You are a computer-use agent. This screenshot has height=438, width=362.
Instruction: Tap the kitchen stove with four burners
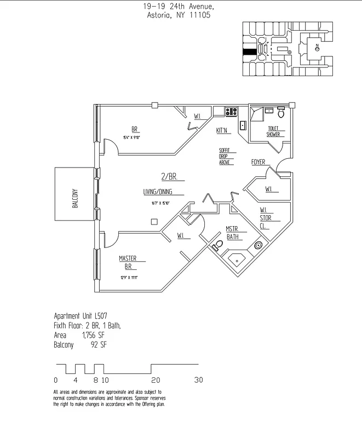point(231,112)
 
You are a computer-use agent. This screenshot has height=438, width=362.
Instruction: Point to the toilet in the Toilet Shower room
point(281,113)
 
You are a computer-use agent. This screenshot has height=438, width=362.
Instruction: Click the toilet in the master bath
point(219,244)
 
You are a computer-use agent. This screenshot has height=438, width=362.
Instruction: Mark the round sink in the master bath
point(258,246)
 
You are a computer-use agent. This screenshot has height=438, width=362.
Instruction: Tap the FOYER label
point(258,162)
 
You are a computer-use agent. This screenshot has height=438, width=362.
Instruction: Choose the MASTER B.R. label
point(128,262)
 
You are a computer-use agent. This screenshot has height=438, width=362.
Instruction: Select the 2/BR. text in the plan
point(169,177)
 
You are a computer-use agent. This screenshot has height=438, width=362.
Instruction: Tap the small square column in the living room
point(154,221)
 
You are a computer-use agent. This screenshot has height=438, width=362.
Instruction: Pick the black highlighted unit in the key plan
point(249,51)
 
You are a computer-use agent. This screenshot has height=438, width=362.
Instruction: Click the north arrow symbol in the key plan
point(316,47)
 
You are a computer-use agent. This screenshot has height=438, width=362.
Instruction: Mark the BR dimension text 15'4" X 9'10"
point(132,137)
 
